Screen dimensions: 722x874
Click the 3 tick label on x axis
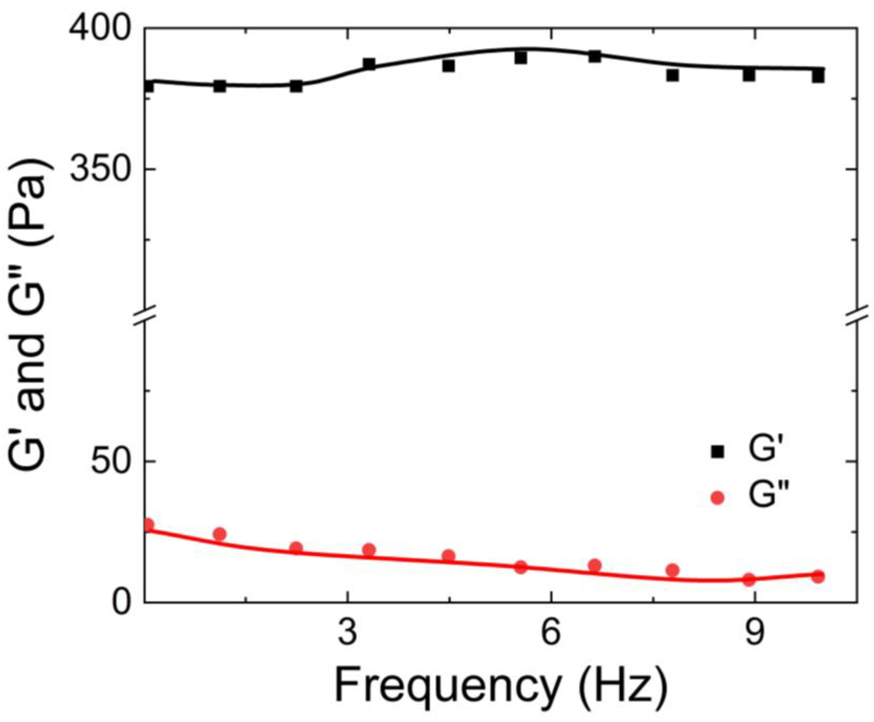347,635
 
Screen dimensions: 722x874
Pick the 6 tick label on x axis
551,635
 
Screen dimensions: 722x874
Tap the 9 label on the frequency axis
755,635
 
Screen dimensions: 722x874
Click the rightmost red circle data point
818,576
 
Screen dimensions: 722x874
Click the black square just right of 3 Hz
369,64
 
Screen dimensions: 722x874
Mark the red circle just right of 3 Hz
369,550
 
